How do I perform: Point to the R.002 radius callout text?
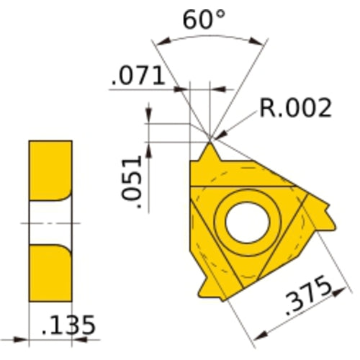pyautogui.click(x=295, y=108)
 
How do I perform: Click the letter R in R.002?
pyautogui.click(x=267, y=108)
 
